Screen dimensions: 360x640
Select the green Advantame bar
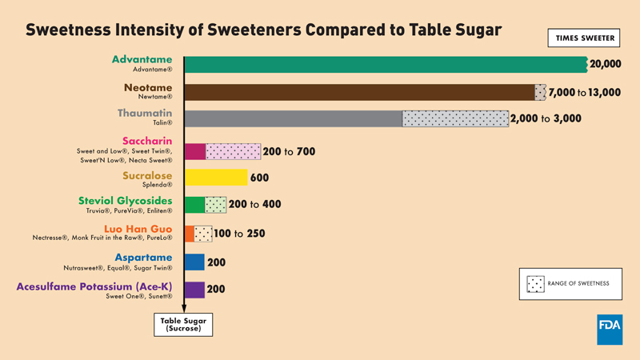click(385, 65)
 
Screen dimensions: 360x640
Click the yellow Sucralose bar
click(216, 178)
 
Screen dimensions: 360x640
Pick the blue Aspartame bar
click(194, 262)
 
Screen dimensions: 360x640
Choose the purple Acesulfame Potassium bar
click(194, 290)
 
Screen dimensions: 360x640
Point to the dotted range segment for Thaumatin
click(455, 118)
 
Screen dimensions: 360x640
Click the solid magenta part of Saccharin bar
click(195, 151)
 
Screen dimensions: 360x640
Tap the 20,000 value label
click(605, 65)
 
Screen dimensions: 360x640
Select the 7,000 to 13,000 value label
click(585, 93)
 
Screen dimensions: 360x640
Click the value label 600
click(259, 178)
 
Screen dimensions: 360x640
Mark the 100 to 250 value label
click(240, 234)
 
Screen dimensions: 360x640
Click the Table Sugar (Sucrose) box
click(183, 324)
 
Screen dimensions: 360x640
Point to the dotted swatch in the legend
click(535, 283)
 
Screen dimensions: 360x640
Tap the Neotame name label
click(148, 87)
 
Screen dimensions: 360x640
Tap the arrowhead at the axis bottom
click(184, 306)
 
